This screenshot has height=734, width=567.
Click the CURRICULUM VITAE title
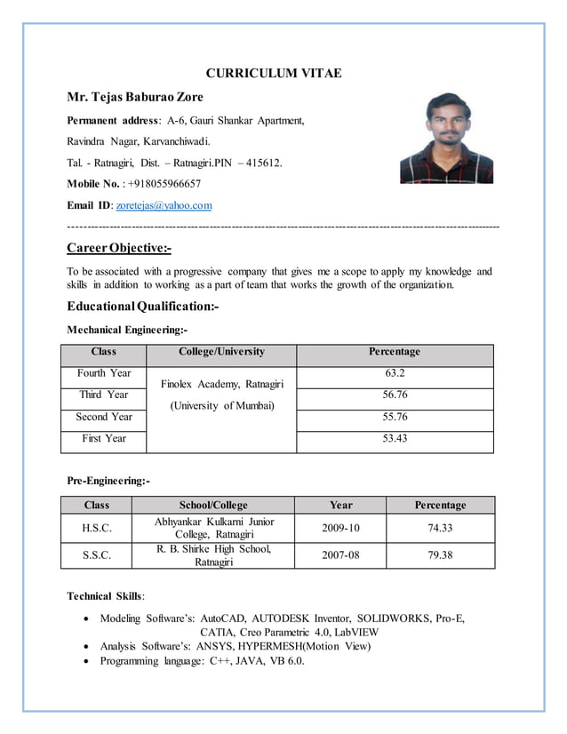pyautogui.click(x=273, y=74)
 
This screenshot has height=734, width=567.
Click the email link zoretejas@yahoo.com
pyautogui.click(x=164, y=205)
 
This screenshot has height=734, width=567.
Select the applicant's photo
pyautogui.click(x=445, y=138)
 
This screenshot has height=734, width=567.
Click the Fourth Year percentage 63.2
pyautogui.click(x=395, y=373)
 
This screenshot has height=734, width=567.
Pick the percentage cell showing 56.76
pyautogui.click(x=395, y=395)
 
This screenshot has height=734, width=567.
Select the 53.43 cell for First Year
pyautogui.click(x=395, y=438)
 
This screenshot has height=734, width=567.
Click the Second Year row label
pyautogui.click(x=104, y=417)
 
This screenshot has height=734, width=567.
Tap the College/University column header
pyautogui.click(x=221, y=352)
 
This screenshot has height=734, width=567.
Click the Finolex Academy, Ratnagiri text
pyautogui.click(x=221, y=384)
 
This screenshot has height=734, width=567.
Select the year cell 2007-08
pyautogui.click(x=340, y=555)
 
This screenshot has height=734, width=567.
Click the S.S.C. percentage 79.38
pyautogui.click(x=440, y=555)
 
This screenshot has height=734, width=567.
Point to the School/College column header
pyautogui.click(x=213, y=505)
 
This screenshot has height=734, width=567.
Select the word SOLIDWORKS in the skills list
pyautogui.click(x=402, y=618)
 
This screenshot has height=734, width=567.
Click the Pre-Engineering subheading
pyautogui.click(x=108, y=481)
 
